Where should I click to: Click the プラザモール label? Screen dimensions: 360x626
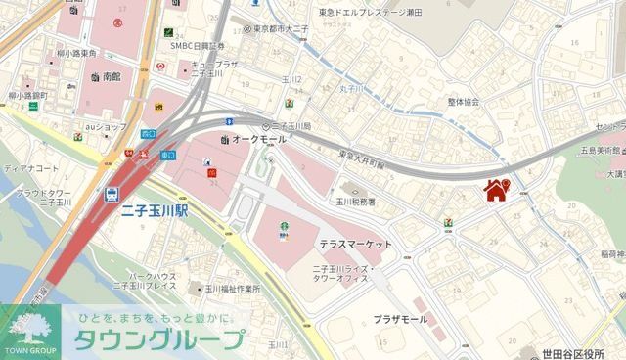pos(400,319)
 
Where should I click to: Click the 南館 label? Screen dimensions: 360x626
pos(112,75)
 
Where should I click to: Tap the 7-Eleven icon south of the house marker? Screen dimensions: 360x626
pos(447,223)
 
